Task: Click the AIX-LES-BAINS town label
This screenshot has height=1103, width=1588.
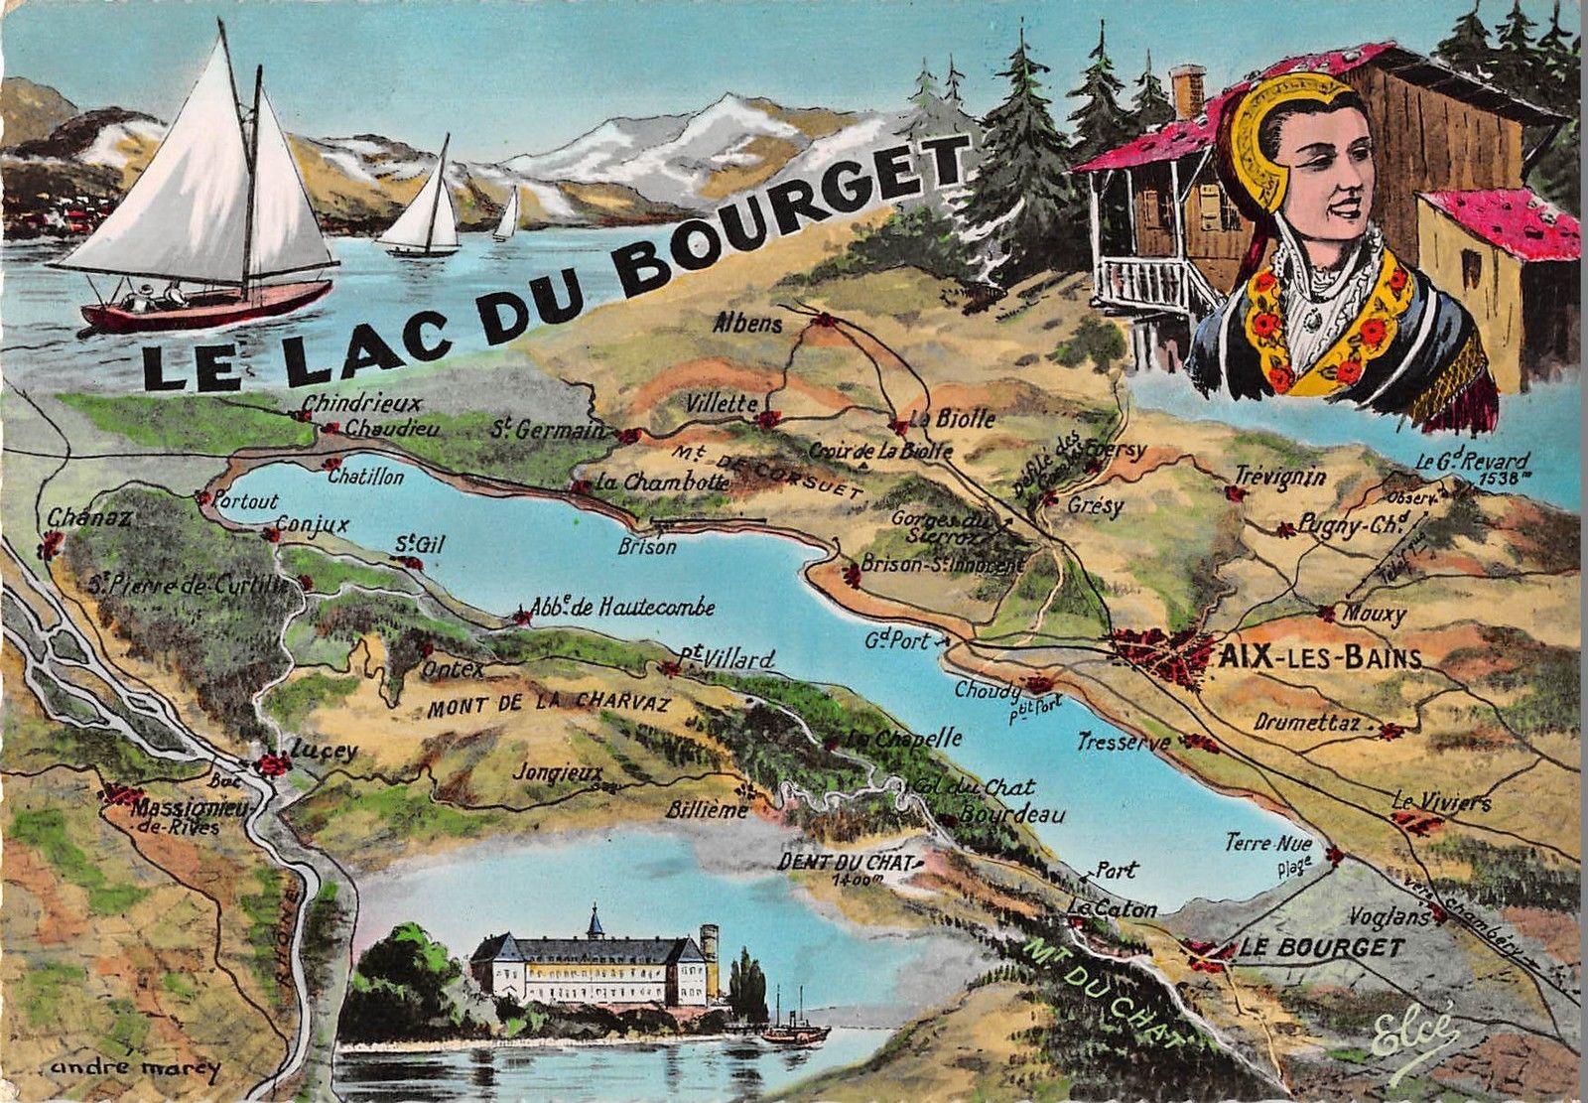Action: (1317, 658)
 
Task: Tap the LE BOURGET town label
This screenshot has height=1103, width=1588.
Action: (1321, 947)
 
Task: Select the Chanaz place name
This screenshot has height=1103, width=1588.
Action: (89, 518)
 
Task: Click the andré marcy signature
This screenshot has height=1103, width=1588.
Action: (134, 1068)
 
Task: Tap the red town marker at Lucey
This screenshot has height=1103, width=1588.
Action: (272, 763)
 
